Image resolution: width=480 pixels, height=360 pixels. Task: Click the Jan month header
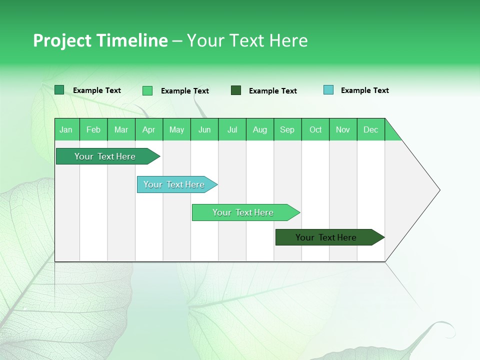click(66, 130)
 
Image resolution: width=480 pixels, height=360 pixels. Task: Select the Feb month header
click(93, 130)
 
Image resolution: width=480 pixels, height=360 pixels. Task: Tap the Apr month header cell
click(149, 130)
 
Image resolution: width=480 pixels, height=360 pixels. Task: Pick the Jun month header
click(204, 130)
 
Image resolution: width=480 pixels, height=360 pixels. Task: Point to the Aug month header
click(260, 130)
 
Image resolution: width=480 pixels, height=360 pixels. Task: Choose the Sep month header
click(287, 130)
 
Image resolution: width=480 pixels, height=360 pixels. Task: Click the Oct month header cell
click(315, 130)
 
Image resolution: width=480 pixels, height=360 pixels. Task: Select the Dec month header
click(371, 130)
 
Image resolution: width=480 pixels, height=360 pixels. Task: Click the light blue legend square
click(328, 90)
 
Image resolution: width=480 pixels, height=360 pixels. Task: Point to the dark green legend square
click(236, 90)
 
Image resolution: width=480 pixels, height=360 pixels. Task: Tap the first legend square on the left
click(59, 90)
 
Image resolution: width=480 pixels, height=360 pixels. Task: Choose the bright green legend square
click(147, 90)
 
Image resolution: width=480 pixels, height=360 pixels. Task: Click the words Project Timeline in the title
click(100, 40)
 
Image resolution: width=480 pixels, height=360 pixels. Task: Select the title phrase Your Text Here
click(247, 40)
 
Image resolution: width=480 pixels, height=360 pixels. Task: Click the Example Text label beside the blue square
click(364, 90)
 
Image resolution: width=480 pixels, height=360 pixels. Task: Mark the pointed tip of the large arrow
click(439, 190)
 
